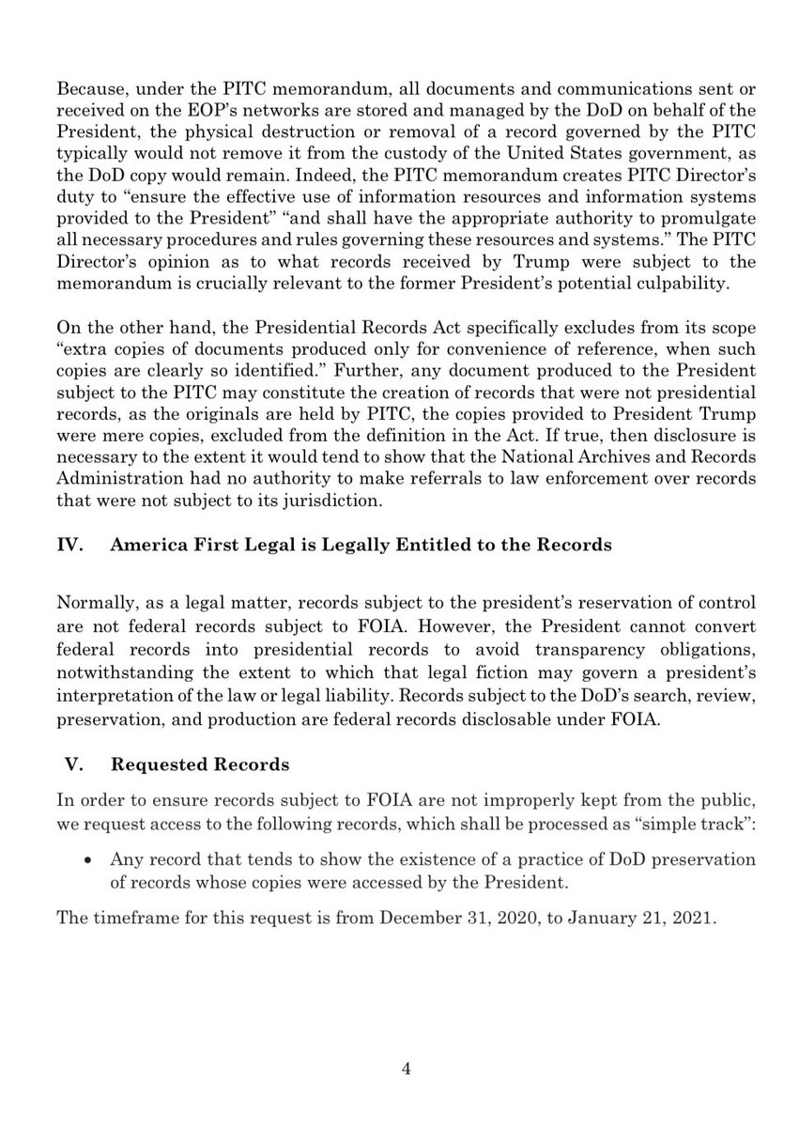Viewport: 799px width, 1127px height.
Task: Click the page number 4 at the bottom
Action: click(400, 1068)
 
